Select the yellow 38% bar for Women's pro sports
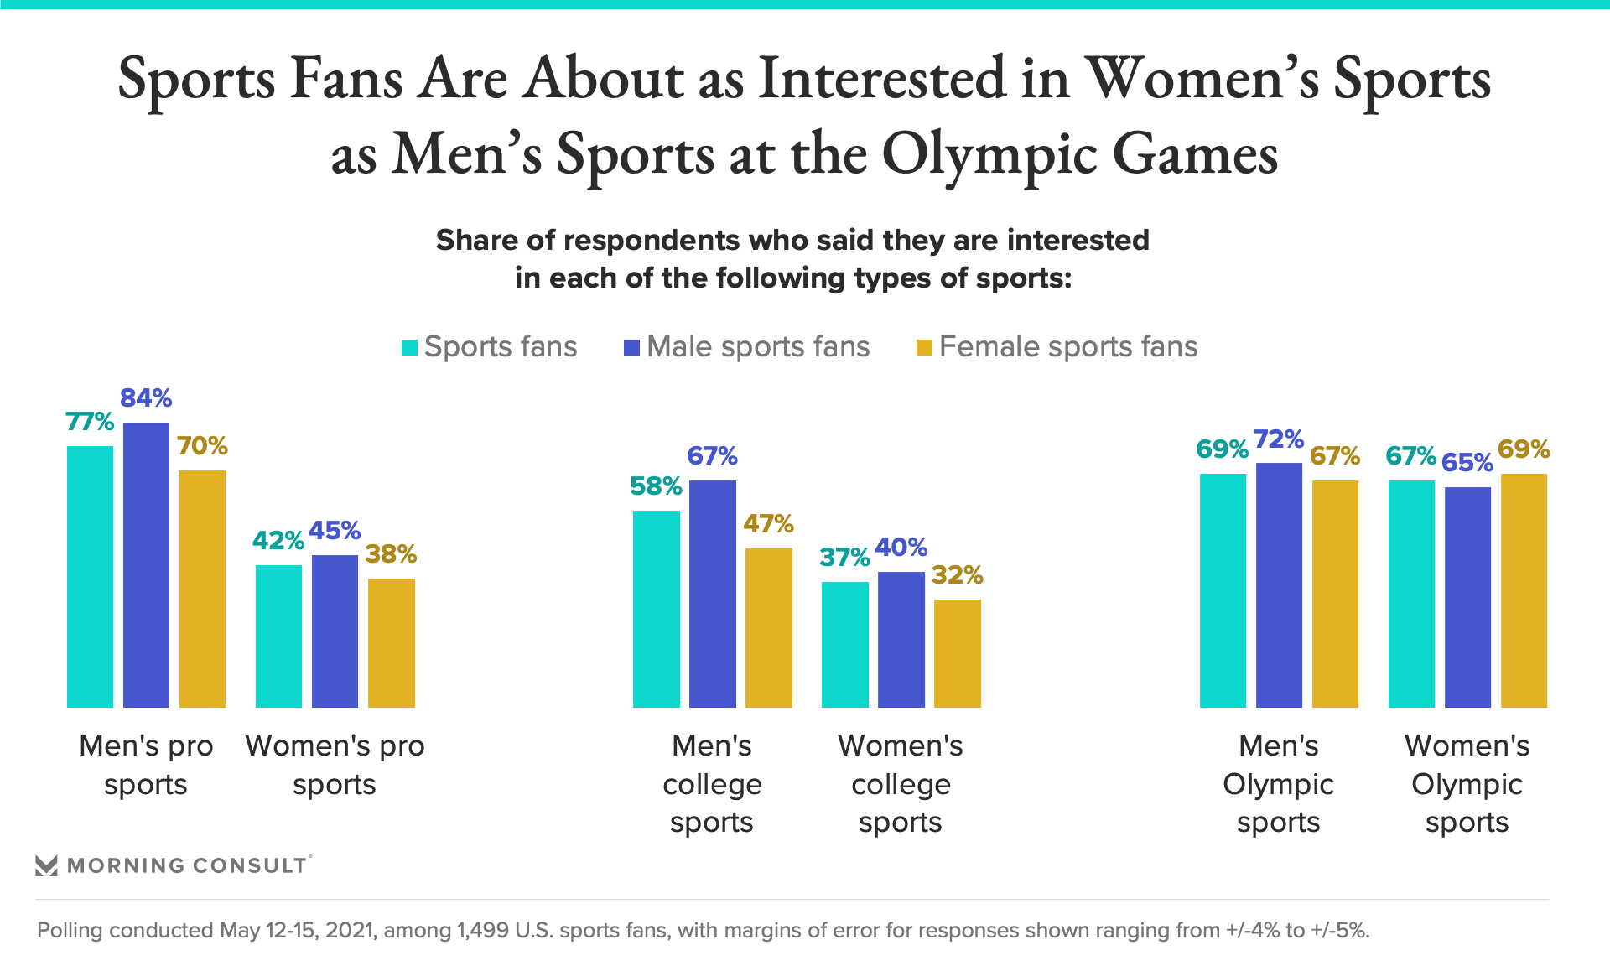pos(391,642)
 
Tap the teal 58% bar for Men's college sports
pos(656,609)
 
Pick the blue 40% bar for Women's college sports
pos(901,639)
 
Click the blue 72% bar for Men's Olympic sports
pos(1279,584)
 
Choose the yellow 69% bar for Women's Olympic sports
pos(1524,590)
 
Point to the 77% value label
pos(90,421)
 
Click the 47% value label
pos(768,524)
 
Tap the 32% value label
pos(957,575)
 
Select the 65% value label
pos(1467,463)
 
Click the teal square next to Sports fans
pos(409,347)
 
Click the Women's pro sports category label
pos(335,765)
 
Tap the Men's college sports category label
pos(712,784)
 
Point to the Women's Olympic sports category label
pos(1467,784)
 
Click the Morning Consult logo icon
pos(46,865)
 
